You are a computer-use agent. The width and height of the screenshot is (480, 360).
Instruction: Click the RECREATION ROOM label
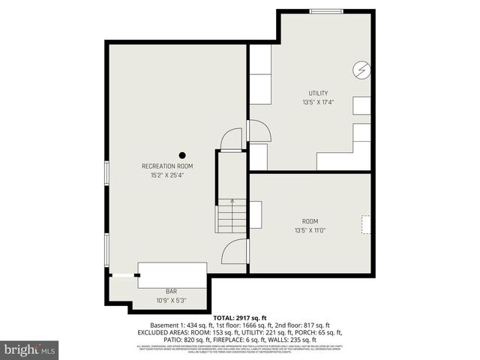click(x=167, y=166)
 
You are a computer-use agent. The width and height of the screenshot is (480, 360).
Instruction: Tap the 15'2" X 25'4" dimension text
click(x=167, y=175)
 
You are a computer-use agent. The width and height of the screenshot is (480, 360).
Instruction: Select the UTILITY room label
click(x=318, y=93)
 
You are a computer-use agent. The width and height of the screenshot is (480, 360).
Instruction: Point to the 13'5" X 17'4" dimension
click(x=318, y=102)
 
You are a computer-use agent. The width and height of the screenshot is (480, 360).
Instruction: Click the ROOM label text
click(x=310, y=221)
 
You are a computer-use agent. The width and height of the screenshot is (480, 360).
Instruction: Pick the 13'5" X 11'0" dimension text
click(x=310, y=230)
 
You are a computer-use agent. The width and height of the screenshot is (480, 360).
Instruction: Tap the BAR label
click(x=171, y=291)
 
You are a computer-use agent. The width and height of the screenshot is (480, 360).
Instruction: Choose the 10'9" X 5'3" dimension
click(x=171, y=300)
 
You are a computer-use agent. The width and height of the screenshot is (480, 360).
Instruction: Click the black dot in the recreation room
click(x=181, y=155)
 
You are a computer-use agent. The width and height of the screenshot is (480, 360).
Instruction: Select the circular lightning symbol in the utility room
click(x=362, y=70)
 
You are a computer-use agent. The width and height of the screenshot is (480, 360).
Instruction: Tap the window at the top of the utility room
click(x=328, y=10)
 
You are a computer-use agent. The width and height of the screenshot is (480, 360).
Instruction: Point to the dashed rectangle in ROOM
click(x=366, y=224)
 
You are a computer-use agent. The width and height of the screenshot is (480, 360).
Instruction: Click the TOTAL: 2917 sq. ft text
click(x=239, y=318)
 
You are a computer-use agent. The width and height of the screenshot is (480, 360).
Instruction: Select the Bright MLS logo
click(x=30, y=349)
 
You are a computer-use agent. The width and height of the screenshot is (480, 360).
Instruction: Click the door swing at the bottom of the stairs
click(x=236, y=251)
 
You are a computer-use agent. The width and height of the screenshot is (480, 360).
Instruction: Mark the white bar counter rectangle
click(x=172, y=274)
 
